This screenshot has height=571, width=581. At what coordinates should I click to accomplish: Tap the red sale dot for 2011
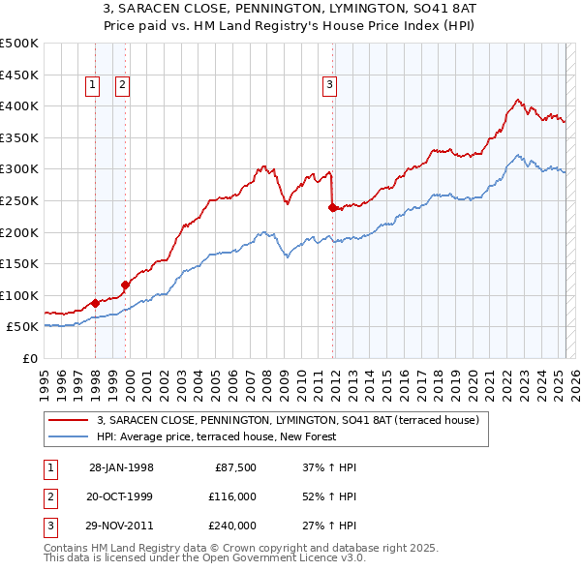point(333,207)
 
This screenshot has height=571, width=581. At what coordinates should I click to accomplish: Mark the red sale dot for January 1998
point(95,303)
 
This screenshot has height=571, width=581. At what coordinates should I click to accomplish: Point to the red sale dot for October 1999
point(125,285)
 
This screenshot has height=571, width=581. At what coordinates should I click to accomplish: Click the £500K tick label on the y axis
point(19,44)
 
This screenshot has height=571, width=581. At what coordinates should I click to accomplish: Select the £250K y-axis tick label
point(19,201)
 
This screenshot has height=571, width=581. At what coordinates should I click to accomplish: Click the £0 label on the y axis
point(30,359)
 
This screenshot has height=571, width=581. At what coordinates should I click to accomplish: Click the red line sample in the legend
point(69,421)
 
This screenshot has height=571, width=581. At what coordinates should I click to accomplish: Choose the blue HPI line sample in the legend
point(69,436)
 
